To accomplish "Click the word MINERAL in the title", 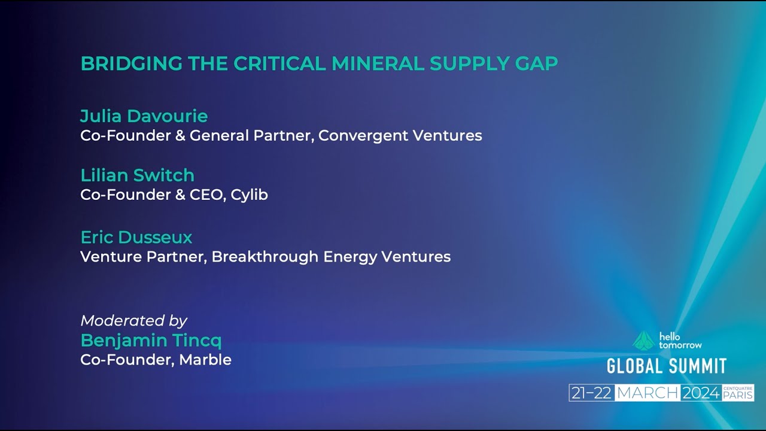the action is pos(378,63).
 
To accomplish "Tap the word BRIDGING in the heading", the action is pos(132,63).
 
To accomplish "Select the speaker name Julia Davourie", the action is pos(144,116).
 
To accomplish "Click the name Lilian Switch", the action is pos(138,175).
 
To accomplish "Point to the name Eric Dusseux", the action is pos(136,238).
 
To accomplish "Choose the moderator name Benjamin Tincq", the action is pos(151,341).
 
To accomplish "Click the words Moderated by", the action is pos(134,321).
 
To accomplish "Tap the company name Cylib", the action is pos(250,195).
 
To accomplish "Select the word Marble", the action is pos(205,360).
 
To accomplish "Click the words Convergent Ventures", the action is pos(400,136).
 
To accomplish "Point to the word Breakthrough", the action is pos(265,257).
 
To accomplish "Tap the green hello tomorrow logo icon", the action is pos(644,341).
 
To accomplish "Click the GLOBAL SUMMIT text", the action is pos(667,366).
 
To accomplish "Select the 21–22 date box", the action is pos(592,393).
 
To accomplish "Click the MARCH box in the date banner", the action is pos(648,393).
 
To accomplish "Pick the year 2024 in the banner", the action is pos(701,393).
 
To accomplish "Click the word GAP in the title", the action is pos(537,63).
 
